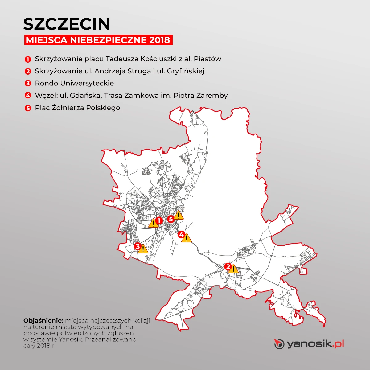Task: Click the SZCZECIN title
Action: [67, 24]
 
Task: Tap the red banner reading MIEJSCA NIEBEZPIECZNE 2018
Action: [98, 40]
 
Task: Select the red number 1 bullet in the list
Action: [28, 59]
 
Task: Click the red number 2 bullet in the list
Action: [28, 72]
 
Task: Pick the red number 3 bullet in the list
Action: [28, 84]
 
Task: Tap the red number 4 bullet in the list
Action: [28, 96]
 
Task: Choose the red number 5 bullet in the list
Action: [28, 108]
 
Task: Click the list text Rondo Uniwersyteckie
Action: [74, 83]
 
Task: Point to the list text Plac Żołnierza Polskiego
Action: [77, 108]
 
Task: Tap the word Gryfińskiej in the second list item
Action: [186, 71]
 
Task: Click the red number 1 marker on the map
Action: [159, 220]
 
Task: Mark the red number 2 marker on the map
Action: [228, 266]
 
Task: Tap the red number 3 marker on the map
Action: [138, 246]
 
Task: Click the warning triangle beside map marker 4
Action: [186, 238]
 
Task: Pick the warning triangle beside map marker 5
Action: [179, 215]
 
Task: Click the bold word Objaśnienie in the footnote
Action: [43, 320]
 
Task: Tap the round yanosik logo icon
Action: [279, 344]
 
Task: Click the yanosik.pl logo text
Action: [315, 343]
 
